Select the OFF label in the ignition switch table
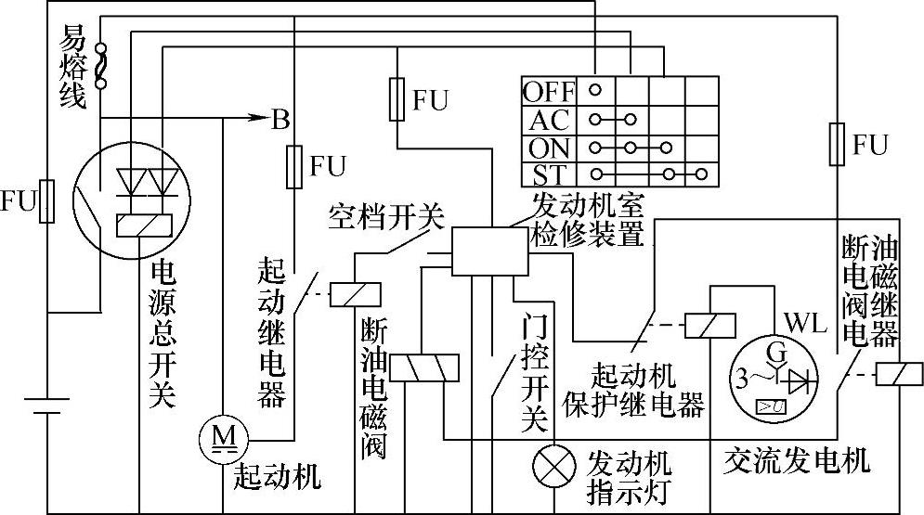click(x=549, y=92)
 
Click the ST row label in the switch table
click(x=549, y=174)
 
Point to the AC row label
click(x=549, y=120)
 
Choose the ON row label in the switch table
click(x=549, y=148)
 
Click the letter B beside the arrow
click(x=279, y=119)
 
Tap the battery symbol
click(x=46, y=406)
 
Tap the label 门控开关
click(x=532, y=371)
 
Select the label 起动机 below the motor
click(x=277, y=477)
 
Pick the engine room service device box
click(x=487, y=250)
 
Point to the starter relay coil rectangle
click(x=354, y=292)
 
